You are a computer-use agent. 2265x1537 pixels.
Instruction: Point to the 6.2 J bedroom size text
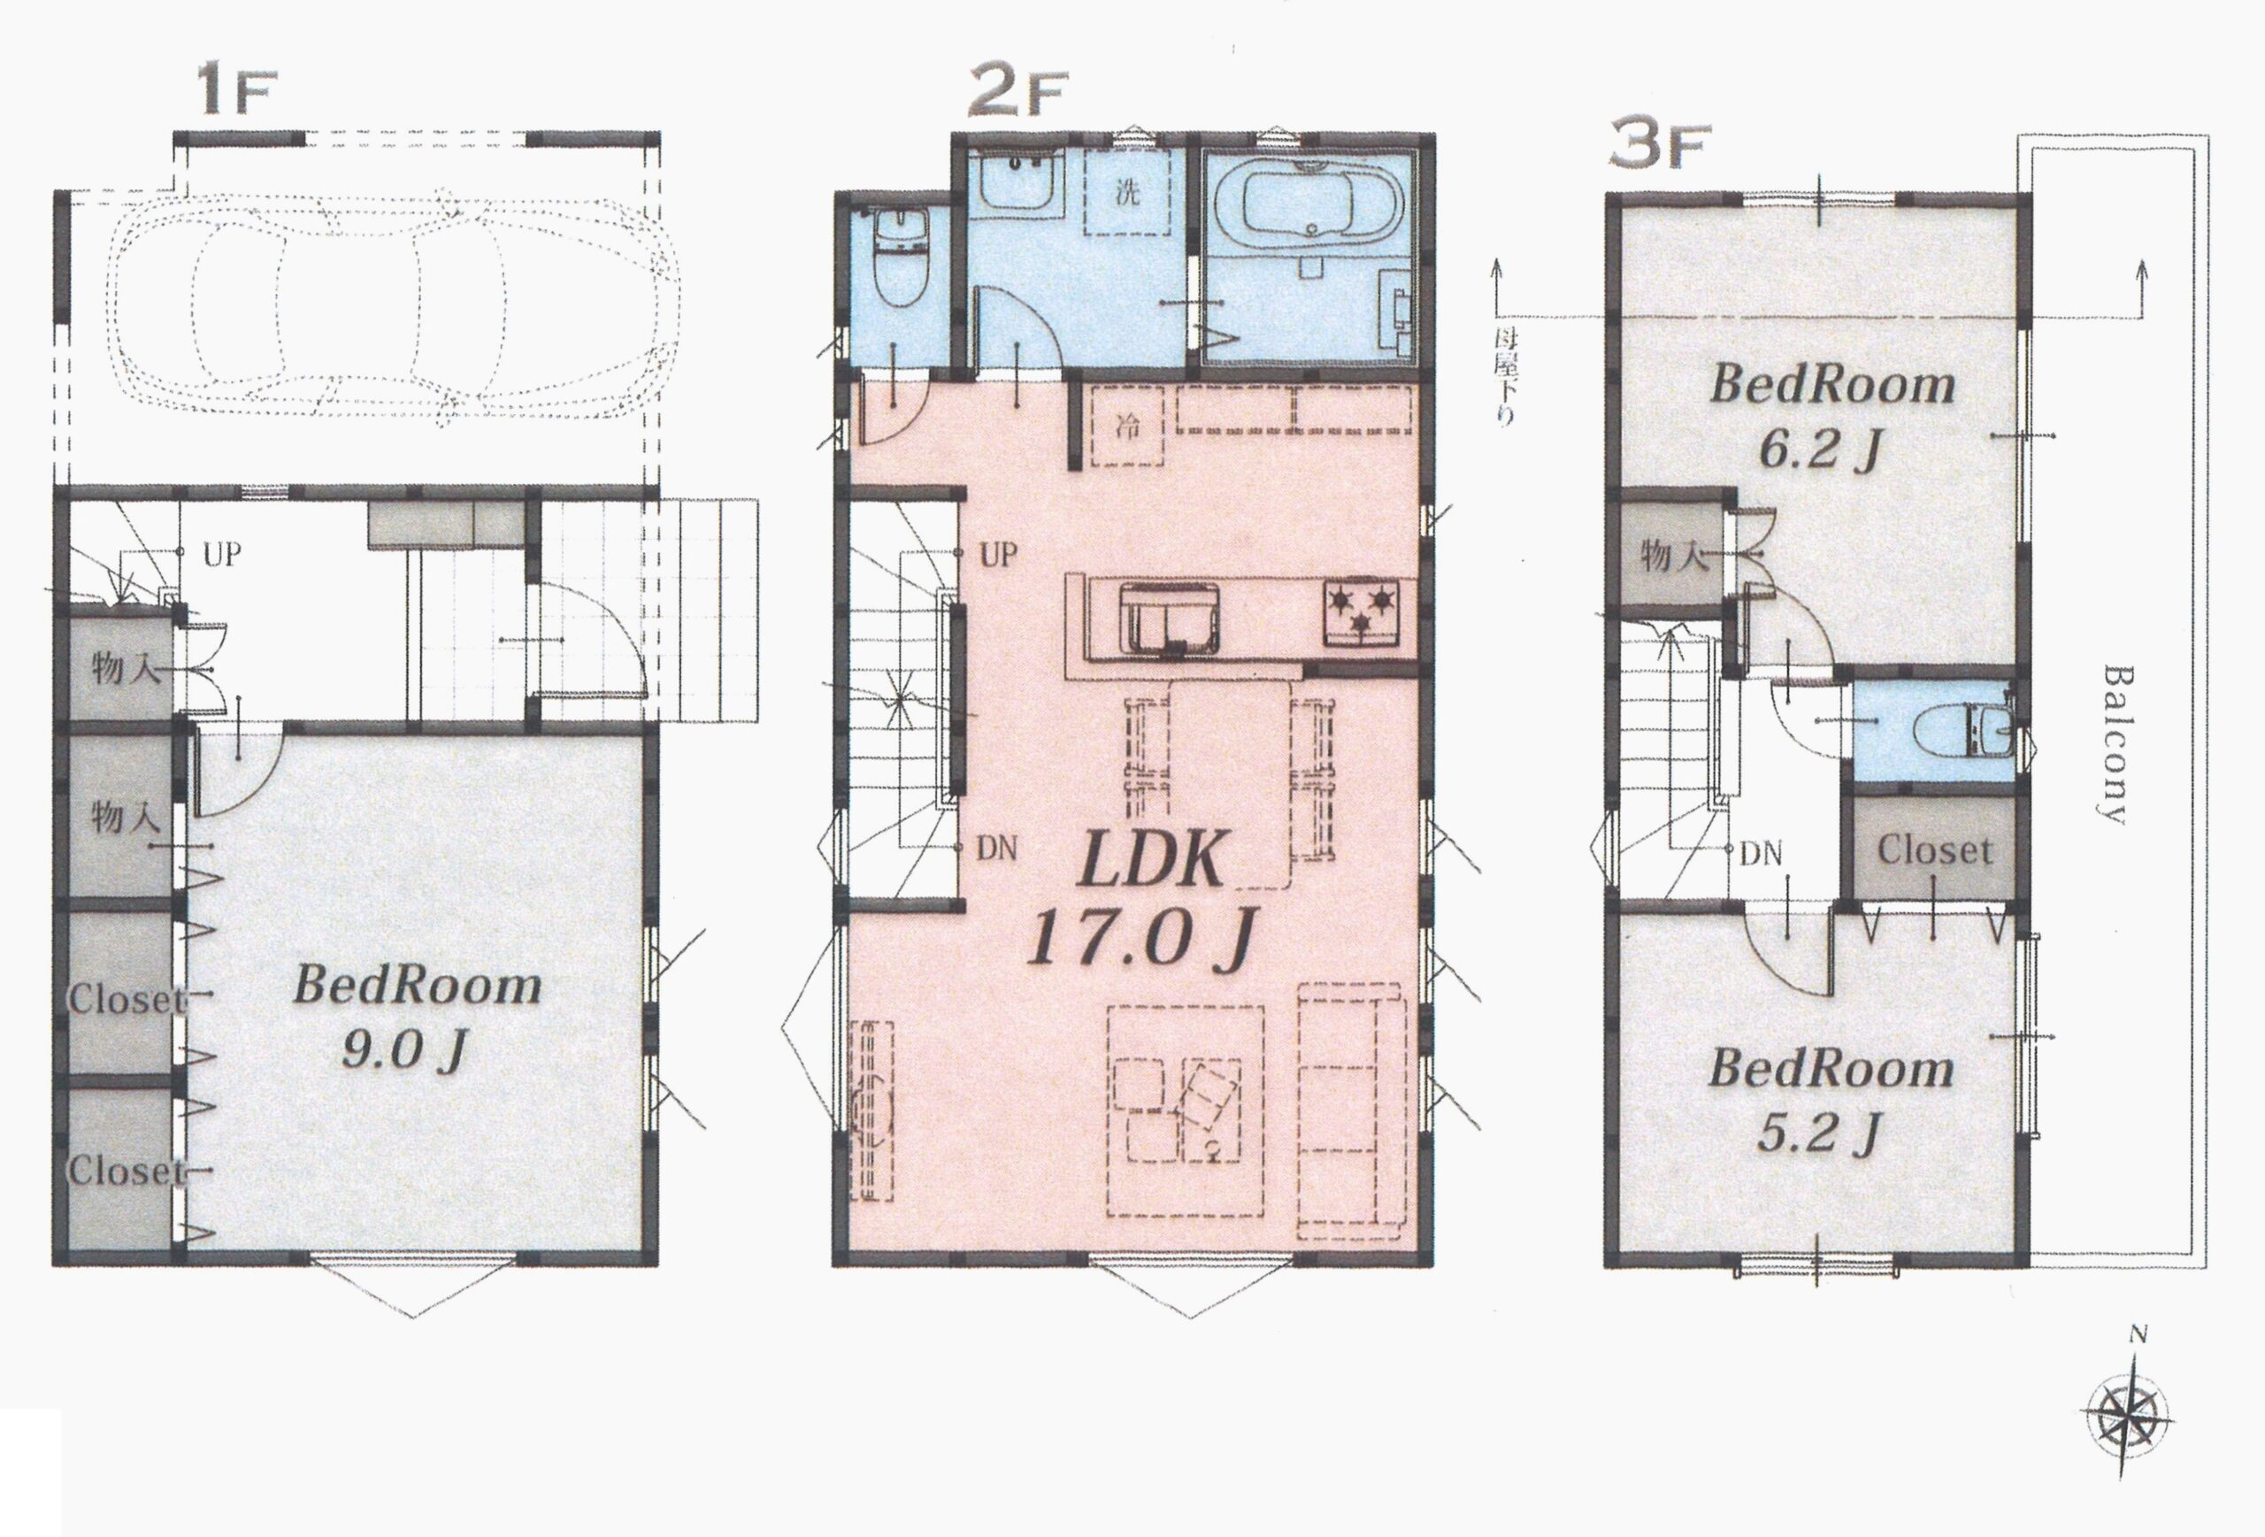pyautogui.click(x=1816, y=450)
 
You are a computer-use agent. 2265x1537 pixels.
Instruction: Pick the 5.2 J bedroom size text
pyautogui.click(x=1816, y=1133)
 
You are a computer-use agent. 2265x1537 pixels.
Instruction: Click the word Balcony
pyautogui.click(x=2112, y=745)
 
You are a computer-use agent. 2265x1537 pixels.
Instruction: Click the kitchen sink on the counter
pyautogui.click(x=1169, y=616)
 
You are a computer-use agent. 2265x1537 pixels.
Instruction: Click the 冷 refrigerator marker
pyautogui.click(x=1126, y=426)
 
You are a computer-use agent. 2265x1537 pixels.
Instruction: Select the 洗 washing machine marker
pyautogui.click(x=1126, y=192)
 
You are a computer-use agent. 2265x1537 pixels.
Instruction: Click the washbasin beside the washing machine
pyautogui.click(x=1019, y=182)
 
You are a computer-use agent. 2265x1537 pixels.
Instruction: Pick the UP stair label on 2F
pyautogui.click(x=998, y=556)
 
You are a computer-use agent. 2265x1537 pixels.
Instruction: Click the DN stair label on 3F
pyautogui.click(x=1761, y=855)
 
